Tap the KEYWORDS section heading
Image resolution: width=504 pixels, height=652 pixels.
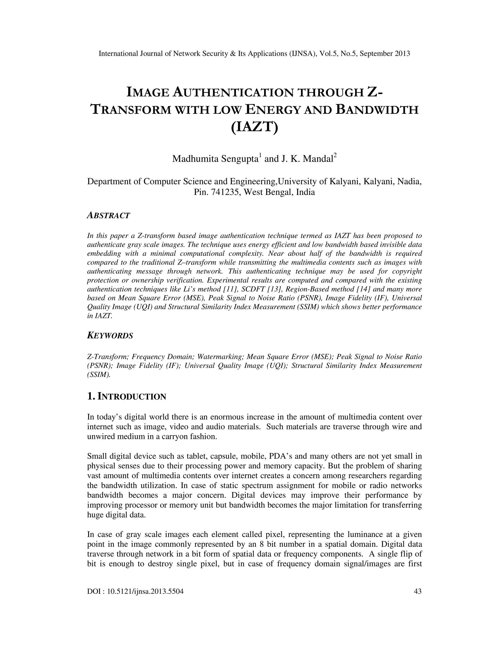(x=110, y=336)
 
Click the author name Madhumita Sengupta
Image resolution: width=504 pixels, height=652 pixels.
(x=215, y=159)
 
